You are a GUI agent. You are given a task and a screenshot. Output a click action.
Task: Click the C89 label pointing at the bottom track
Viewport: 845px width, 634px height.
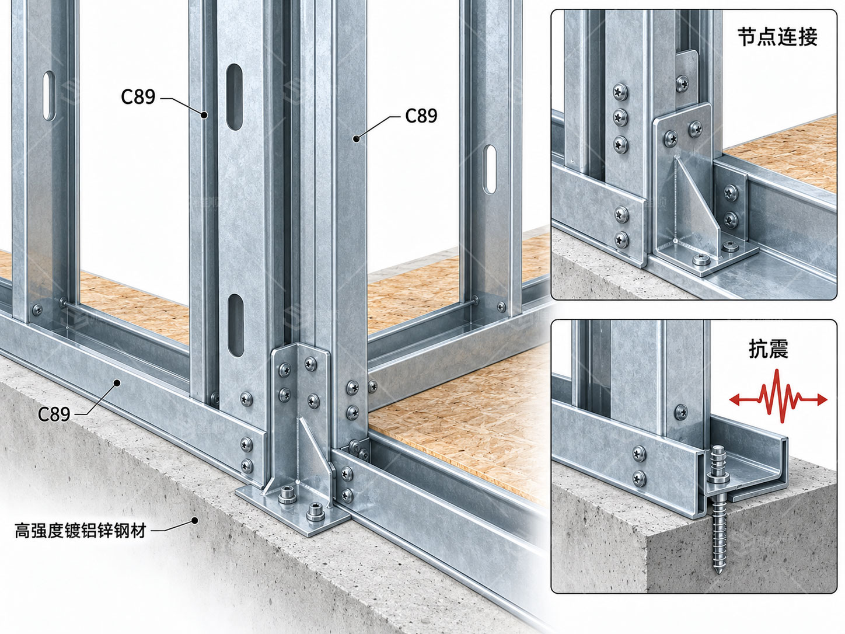point(54,414)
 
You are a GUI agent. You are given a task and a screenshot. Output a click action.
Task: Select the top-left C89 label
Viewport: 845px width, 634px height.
point(138,97)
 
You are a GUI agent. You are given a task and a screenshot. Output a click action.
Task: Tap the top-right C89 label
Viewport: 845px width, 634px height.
point(421,116)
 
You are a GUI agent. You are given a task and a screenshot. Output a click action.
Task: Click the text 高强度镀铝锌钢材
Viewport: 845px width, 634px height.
point(81,530)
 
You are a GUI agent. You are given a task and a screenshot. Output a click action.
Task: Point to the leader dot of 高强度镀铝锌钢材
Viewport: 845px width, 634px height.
point(195,521)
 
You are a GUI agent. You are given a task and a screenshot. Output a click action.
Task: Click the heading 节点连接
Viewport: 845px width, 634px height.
point(777,37)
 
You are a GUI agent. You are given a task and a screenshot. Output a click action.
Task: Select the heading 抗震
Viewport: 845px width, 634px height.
point(769,349)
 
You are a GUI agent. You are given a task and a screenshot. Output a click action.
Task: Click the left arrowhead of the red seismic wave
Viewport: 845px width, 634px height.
point(735,399)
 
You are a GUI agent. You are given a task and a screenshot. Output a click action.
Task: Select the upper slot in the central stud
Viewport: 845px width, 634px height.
point(234,97)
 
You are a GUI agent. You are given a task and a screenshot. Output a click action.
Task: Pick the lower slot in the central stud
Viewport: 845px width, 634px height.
point(235,325)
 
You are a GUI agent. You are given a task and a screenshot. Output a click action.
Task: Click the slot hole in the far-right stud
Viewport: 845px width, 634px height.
point(490,169)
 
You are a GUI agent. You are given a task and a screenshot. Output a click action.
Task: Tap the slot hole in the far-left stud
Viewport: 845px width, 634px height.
point(49,96)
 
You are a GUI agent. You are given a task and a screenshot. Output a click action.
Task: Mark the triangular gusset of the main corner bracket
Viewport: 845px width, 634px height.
point(315,450)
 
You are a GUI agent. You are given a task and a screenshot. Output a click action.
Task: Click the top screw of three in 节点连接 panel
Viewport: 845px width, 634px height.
point(620,92)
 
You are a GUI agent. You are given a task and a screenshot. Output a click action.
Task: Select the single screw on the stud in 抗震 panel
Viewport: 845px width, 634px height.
point(681,412)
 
